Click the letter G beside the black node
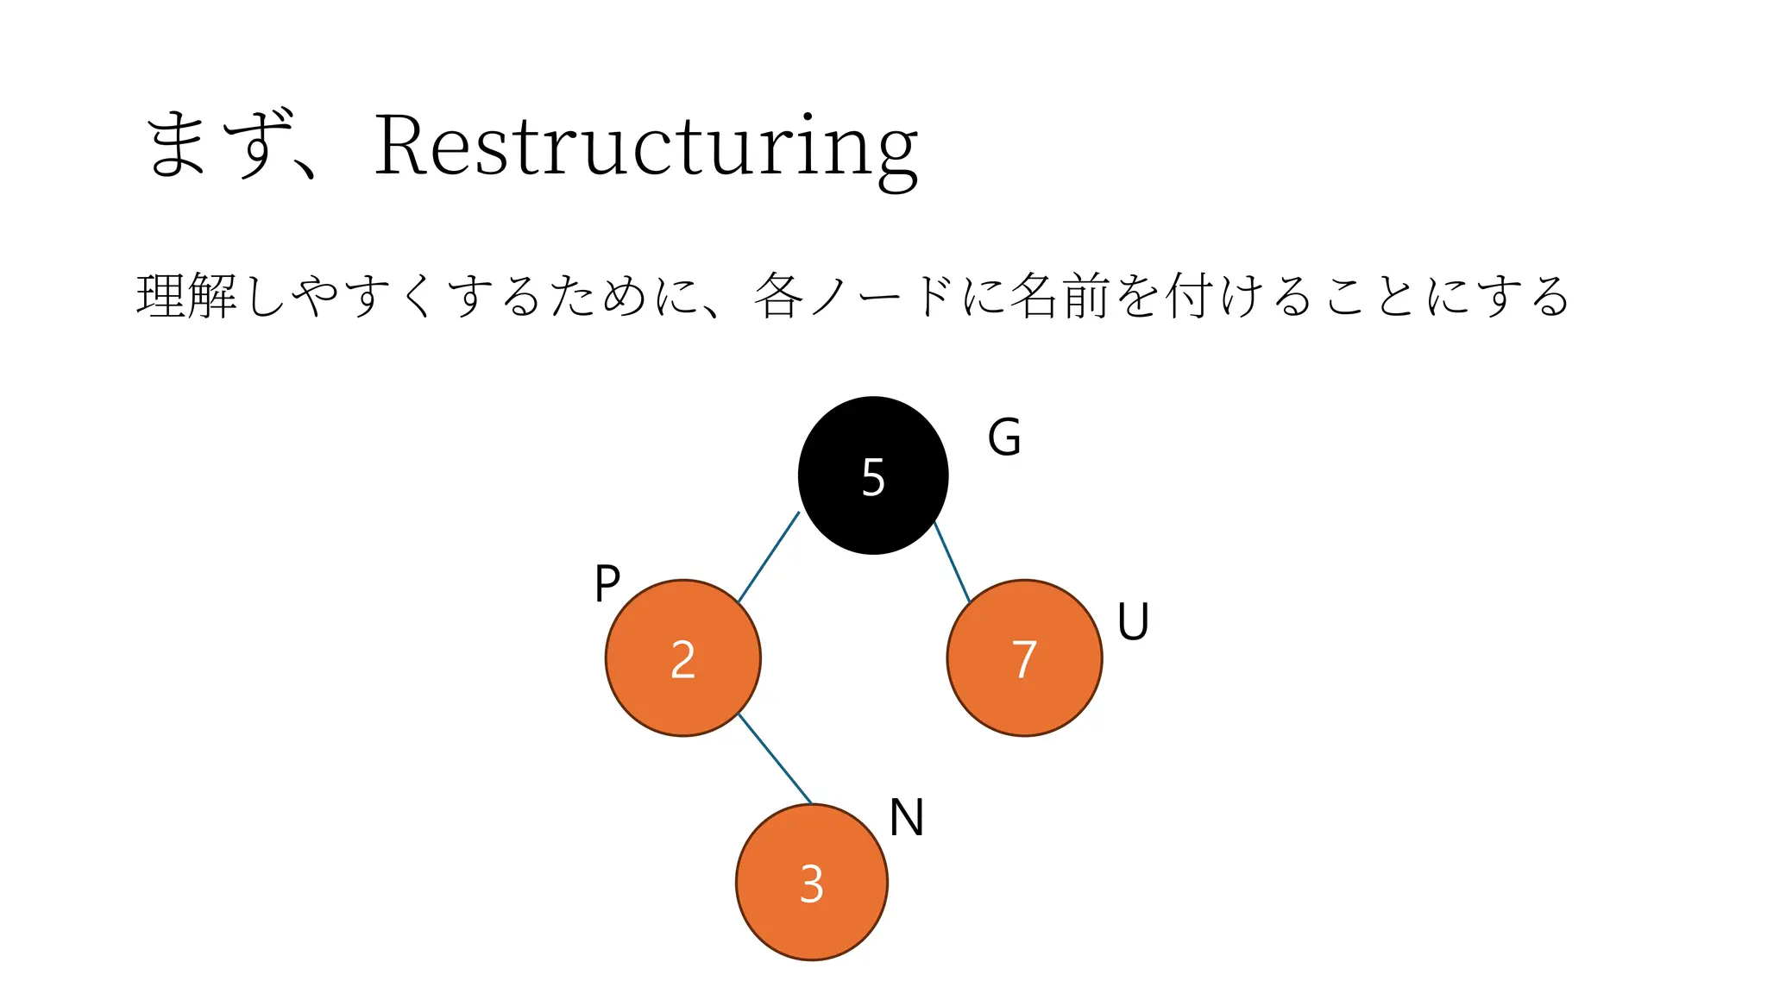click(1004, 437)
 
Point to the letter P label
click(607, 584)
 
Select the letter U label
click(1133, 621)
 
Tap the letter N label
click(906, 817)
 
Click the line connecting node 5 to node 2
click(769, 557)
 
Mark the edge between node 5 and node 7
click(953, 562)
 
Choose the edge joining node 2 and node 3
click(775, 758)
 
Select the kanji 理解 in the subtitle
click(186, 296)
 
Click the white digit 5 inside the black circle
click(873, 477)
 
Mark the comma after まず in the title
click(304, 166)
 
